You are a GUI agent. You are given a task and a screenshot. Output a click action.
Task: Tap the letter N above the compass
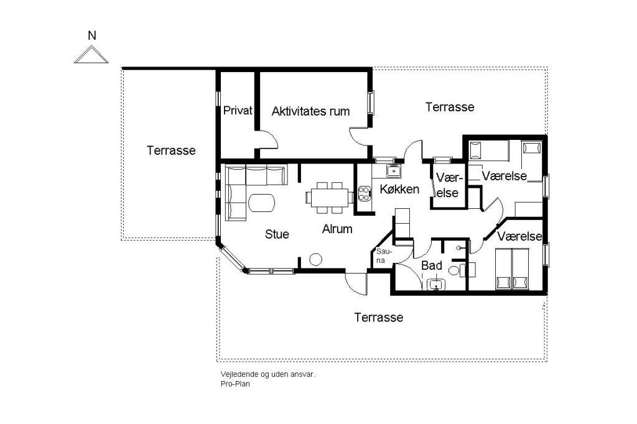[92, 35]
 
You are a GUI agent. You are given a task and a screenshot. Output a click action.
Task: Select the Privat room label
[238, 110]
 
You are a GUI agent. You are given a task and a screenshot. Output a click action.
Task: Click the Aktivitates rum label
[311, 111]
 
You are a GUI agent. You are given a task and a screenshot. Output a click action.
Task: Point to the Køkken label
[399, 189]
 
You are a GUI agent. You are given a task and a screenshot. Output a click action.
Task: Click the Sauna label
[381, 256]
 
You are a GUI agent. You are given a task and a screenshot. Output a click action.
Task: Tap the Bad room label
[432, 265]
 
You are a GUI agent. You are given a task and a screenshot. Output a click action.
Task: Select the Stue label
[277, 234]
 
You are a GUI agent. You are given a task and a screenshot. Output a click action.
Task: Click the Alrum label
[337, 229]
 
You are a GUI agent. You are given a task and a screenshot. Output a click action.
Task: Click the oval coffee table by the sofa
[262, 203]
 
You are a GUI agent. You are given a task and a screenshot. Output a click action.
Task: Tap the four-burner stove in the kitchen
[365, 193]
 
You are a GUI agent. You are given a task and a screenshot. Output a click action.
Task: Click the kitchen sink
[394, 171]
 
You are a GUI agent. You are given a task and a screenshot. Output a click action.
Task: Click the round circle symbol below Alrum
[315, 259]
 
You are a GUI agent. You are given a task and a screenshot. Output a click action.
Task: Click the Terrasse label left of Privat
[171, 150]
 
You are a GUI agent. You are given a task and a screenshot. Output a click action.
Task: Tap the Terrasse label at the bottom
[379, 317]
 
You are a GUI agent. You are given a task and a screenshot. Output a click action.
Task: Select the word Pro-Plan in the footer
[235, 384]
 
